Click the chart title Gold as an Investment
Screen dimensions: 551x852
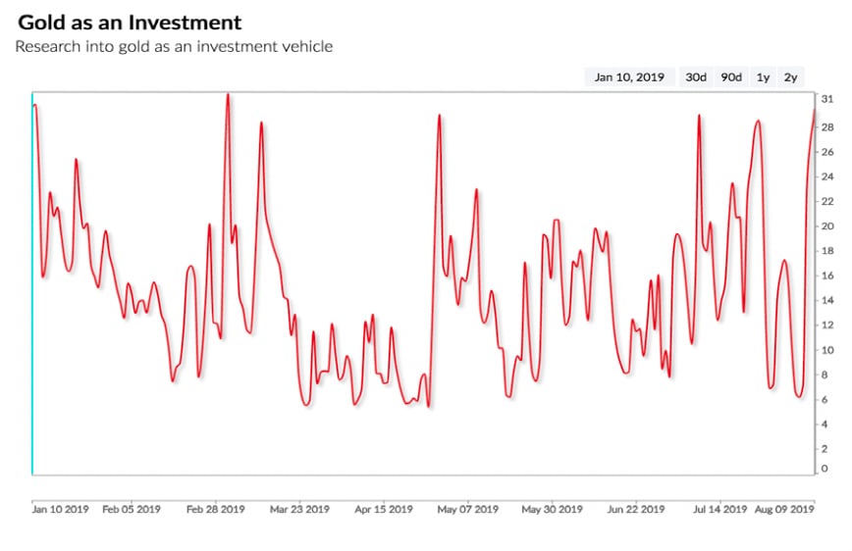(x=130, y=22)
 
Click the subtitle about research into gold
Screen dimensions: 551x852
(x=174, y=46)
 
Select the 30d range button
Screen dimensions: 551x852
(x=696, y=77)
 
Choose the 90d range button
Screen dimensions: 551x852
(x=731, y=77)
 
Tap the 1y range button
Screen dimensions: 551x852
(x=763, y=77)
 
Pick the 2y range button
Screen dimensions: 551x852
(x=790, y=77)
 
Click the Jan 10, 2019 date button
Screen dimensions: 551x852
(x=629, y=77)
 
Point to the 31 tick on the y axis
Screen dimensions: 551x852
(x=827, y=99)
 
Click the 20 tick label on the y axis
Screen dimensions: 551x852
(x=827, y=225)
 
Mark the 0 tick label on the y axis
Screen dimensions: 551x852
(x=825, y=469)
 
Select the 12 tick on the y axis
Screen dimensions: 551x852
(x=827, y=325)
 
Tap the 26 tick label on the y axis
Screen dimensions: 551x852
(x=827, y=151)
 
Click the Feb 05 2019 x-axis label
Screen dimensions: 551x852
(x=132, y=510)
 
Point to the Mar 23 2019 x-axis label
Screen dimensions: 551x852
(x=299, y=510)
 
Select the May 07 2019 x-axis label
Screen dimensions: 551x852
(x=467, y=510)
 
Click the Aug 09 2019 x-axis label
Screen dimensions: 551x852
(x=783, y=510)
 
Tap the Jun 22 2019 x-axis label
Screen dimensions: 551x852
(x=636, y=510)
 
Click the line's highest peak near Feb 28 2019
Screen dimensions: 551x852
(x=228, y=95)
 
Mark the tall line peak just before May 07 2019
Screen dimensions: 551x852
(x=439, y=116)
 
